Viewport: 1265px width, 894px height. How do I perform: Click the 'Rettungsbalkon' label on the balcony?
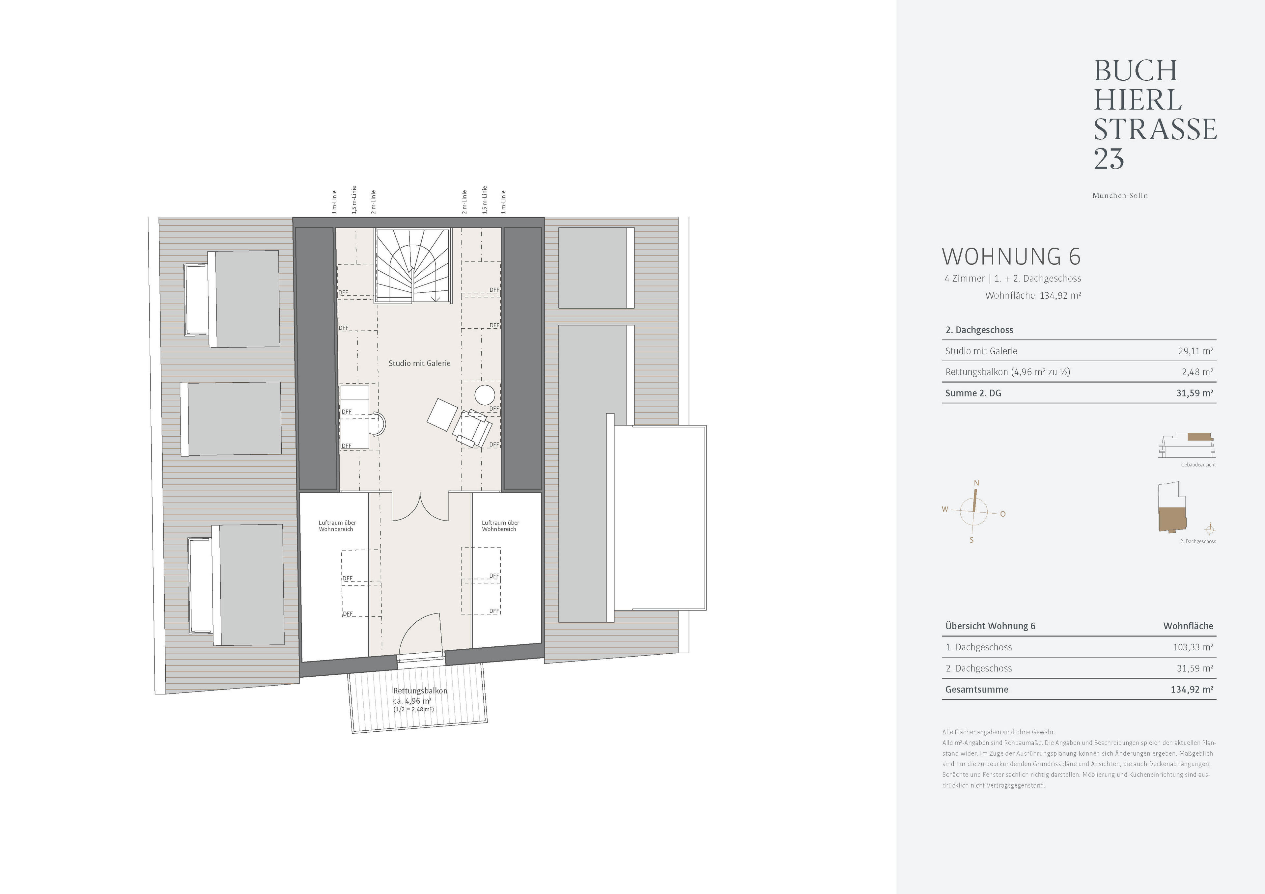420,691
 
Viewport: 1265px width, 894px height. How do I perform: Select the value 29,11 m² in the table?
1195,351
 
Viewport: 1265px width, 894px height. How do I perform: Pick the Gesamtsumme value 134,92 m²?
1192,690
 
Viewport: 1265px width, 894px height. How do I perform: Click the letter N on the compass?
976,483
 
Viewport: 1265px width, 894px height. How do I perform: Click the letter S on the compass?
971,540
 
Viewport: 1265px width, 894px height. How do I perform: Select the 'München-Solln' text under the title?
1120,196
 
